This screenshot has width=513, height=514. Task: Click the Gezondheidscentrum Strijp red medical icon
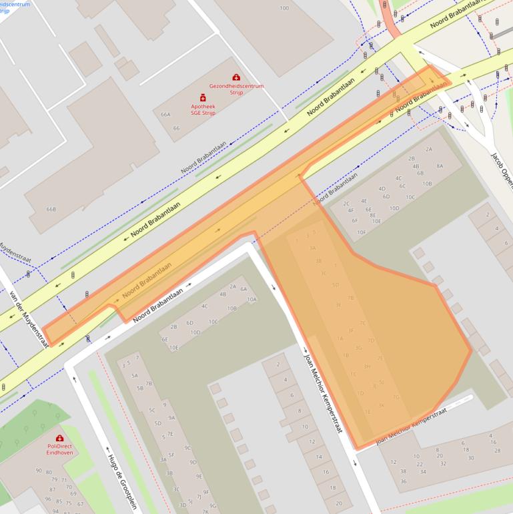click(x=236, y=77)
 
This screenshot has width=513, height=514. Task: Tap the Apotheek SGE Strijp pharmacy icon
click(x=203, y=97)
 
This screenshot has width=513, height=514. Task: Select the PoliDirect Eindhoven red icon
click(x=59, y=438)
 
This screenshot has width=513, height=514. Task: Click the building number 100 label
click(x=285, y=8)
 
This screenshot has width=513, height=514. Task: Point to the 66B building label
click(x=51, y=209)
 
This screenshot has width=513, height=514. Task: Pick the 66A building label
click(x=165, y=115)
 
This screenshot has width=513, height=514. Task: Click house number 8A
click(x=440, y=166)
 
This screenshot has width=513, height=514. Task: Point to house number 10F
click(x=361, y=232)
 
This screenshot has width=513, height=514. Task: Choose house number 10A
click(x=251, y=300)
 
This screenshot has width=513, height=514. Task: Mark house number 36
click(x=403, y=481)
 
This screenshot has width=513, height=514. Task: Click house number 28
click(x=497, y=451)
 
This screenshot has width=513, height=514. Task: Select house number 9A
click(x=171, y=418)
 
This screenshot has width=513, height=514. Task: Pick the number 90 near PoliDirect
click(x=39, y=471)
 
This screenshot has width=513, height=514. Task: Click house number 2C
click(x=346, y=203)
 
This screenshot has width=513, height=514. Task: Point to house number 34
click(x=422, y=472)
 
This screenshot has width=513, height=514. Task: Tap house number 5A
click(x=135, y=376)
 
